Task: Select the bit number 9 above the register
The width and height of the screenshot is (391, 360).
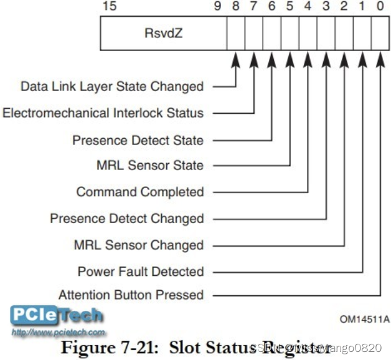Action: (x=217, y=7)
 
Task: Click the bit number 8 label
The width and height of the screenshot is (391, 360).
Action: (x=235, y=7)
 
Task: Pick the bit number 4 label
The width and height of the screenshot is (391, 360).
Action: (x=308, y=7)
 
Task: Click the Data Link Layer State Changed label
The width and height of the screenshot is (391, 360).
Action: (x=112, y=86)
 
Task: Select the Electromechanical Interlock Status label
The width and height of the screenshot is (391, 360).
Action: (x=103, y=113)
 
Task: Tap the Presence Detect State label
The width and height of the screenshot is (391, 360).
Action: (x=138, y=140)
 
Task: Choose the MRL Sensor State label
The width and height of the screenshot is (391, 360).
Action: (x=150, y=165)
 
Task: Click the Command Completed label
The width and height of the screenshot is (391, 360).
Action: (x=140, y=192)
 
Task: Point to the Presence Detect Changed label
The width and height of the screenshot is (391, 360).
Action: (x=127, y=219)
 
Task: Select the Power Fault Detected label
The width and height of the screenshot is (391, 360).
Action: (x=141, y=272)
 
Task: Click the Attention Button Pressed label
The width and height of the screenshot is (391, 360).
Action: (x=131, y=295)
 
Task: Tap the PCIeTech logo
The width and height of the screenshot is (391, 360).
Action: (x=56, y=316)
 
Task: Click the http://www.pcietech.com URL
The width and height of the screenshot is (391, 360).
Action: (x=59, y=333)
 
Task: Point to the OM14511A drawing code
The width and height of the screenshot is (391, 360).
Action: (x=364, y=320)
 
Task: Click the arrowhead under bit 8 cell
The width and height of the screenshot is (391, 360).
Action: (x=235, y=60)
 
